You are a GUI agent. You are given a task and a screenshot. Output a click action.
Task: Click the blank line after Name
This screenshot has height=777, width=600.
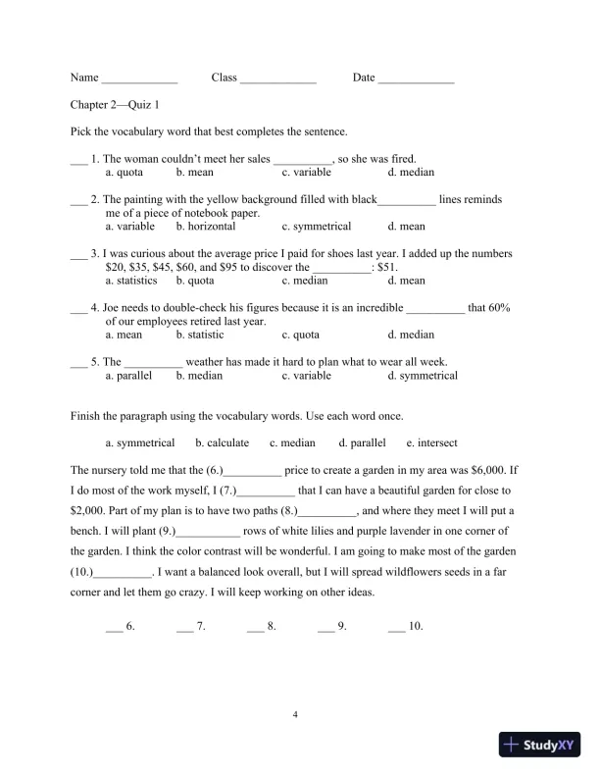click(139, 79)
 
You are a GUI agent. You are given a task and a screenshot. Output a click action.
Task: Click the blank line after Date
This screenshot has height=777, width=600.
click(416, 79)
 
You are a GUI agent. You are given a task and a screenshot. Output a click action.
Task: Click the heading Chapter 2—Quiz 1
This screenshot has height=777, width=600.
click(112, 105)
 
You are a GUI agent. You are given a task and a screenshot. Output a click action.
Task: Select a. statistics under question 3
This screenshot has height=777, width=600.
click(131, 280)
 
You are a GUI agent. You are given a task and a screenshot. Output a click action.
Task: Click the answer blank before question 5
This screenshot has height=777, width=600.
click(78, 362)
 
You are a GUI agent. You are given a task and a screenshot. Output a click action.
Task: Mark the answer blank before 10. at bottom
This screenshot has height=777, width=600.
click(396, 625)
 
